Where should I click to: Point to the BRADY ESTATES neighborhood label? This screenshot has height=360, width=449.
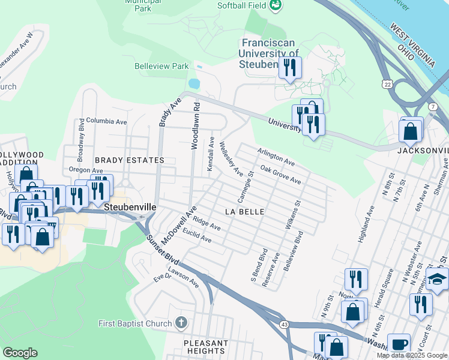pos(129,161)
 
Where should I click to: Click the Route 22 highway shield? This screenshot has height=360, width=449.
pos(388,85)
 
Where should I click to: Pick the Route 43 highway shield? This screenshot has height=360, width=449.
pos(283,324)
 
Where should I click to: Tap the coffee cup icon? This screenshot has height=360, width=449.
pos(399,344)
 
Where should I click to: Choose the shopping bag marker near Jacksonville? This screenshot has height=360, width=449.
pos(411,131)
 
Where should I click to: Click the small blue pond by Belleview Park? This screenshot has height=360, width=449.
pos(193,83)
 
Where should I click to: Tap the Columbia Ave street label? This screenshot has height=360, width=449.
pos(106,121)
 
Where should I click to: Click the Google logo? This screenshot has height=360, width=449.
pos(20,353)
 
